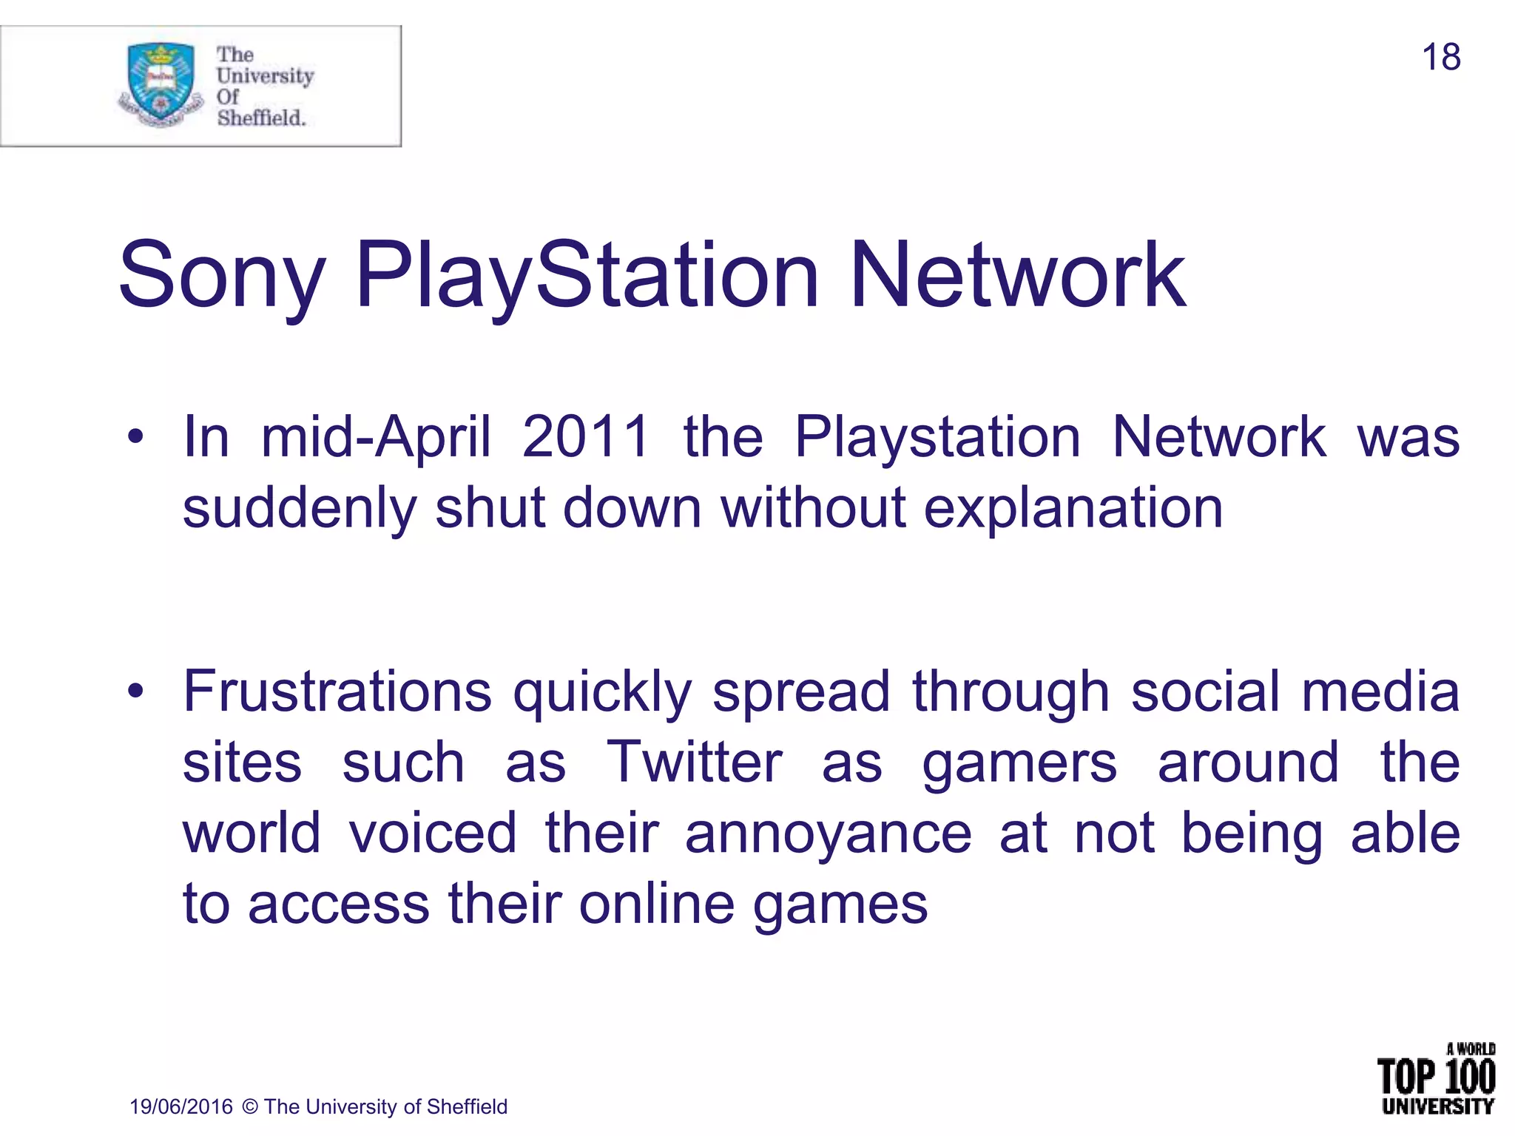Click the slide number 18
click(1440, 58)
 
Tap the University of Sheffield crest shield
click(161, 81)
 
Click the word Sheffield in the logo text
click(261, 118)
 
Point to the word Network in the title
click(1018, 275)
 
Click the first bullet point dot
click(135, 437)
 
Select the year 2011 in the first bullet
click(586, 436)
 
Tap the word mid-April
click(376, 436)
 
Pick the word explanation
click(1073, 509)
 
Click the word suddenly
click(300, 509)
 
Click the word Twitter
click(694, 763)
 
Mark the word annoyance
click(828, 834)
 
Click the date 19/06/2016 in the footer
click(181, 1106)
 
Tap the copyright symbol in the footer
click(250, 1106)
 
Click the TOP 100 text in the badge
click(1436, 1078)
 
